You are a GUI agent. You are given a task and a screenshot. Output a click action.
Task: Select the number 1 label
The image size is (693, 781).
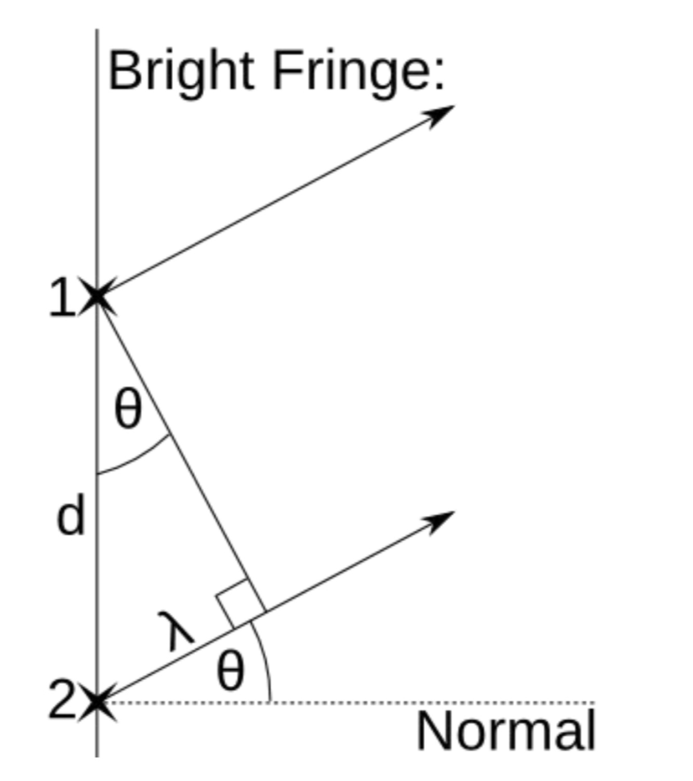click(62, 298)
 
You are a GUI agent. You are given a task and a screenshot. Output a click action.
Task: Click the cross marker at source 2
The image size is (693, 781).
click(97, 702)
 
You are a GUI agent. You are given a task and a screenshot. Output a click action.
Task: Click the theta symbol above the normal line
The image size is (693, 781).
click(230, 671)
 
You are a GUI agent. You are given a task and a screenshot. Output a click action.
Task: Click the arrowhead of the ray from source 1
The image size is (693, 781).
click(442, 112)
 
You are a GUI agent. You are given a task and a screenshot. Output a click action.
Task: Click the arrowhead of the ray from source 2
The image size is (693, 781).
click(442, 518)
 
